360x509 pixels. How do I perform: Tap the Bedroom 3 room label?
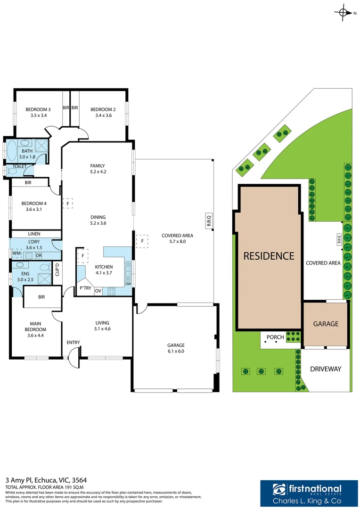point(38,109)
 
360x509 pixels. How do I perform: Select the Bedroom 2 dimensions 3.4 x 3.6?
point(103,115)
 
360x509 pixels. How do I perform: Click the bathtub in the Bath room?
point(12,151)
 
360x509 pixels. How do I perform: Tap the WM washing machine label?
point(16,253)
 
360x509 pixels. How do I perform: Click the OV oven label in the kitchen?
point(98,291)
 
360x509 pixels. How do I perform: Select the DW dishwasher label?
point(128,284)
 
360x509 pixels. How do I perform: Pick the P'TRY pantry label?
point(85,288)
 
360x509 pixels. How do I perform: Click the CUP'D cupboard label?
point(57,270)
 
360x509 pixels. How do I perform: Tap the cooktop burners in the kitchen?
point(111,291)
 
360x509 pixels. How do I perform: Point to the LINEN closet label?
point(34,234)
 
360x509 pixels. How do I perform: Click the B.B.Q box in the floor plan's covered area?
point(209,221)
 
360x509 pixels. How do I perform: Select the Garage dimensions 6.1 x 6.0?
point(176,351)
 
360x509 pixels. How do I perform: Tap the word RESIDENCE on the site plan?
point(269,256)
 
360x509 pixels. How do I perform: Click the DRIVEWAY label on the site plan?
point(326,369)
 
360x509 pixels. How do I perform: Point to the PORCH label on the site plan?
point(275,337)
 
